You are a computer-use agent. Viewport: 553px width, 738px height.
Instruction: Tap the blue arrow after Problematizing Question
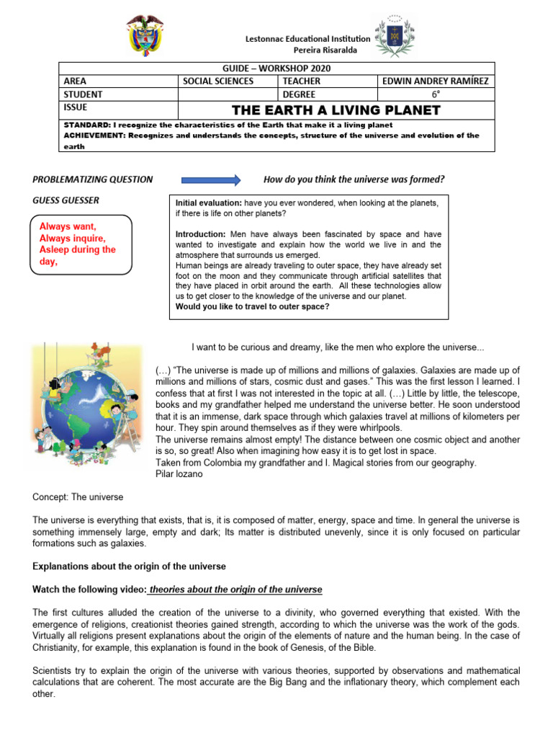coord(210,179)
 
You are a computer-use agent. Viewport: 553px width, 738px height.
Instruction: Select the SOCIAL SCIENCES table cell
coord(217,81)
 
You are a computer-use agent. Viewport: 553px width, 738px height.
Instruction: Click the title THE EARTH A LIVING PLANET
coord(336,110)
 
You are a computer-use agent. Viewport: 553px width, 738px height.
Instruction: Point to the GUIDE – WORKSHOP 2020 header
coord(276,68)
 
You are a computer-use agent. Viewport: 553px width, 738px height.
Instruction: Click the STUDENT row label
coord(83,94)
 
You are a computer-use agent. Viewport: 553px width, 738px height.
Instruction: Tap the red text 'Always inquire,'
coord(73,238)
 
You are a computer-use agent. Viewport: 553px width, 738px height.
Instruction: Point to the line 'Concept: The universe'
coord(78,497)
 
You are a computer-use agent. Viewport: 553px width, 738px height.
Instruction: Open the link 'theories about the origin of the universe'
coord(235,590)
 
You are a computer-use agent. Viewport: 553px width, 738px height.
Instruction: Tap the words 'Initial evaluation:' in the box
coord(208,204)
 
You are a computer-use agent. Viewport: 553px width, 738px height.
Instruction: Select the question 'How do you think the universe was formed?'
coord(354,179)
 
